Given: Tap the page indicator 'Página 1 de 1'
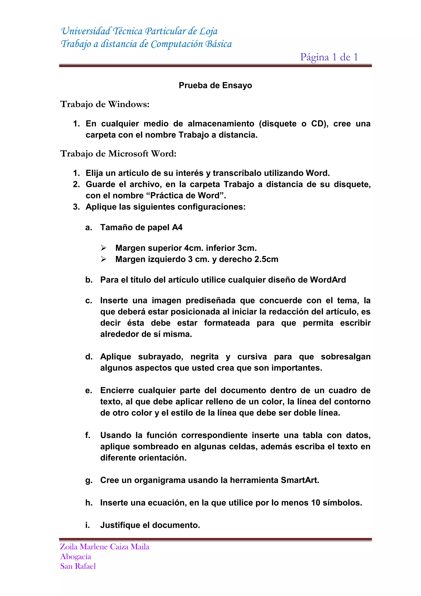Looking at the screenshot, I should coord(329,57).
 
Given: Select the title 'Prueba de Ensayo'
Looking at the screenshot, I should coord(215,85).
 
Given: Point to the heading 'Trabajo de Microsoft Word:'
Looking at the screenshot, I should coord(118,154).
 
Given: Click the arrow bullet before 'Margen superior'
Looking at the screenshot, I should coord(103,248).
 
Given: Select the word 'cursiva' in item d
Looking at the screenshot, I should coord(252,357).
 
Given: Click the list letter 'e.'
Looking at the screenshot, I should coord(89,391).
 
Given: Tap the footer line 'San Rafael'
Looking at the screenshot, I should coord(78,566).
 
